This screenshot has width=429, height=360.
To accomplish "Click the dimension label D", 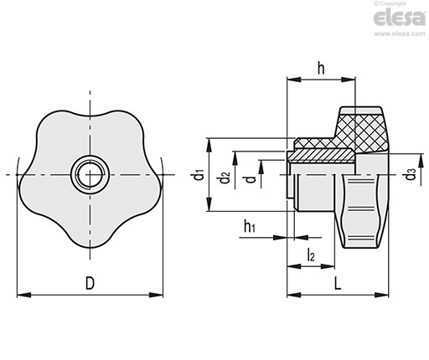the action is coord(90,283).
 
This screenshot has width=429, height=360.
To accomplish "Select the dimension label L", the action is coord(338,284).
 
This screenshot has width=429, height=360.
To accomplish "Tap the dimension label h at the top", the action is coord(321,69).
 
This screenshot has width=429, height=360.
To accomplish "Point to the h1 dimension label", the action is coord(250,226).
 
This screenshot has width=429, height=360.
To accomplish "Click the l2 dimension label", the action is coord(311,255).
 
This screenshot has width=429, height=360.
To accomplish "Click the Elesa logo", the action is coord(400,18).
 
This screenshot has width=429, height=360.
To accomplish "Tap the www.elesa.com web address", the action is coord(400,33).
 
